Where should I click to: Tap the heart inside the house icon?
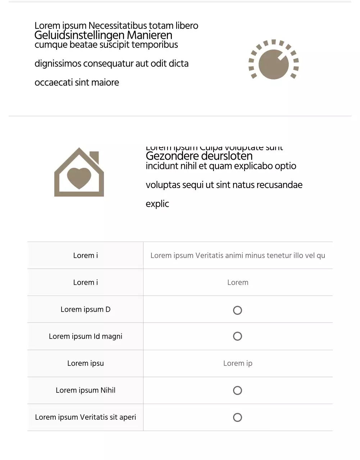[79, 178]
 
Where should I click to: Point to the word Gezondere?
[172, 156]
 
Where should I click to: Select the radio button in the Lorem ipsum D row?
[237, 310]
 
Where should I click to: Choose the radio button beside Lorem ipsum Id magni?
[237, 336]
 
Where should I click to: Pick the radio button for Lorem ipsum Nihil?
[237, 391]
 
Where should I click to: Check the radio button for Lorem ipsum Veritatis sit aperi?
[237, 418]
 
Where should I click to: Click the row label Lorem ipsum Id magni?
[86, 336]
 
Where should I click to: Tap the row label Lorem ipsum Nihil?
[86, 390]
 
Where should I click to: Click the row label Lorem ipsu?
[86, 363]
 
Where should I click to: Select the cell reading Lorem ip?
[238, 363]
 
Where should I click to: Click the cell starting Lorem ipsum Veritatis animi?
[238, 256]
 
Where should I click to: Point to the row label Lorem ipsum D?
[86, 309]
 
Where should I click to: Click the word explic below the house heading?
[157, 204]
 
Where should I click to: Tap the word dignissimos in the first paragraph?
[58, 64]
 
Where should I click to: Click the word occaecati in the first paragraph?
[54, 83]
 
